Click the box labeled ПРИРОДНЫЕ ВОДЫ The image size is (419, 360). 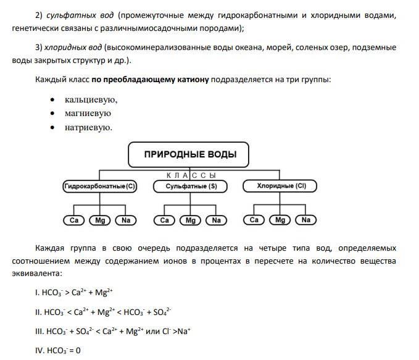click(x=188, y=154)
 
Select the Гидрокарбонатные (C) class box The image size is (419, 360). click(x=100, y=186)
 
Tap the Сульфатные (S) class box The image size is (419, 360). click(x=190, y=186)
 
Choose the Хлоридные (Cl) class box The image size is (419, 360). click(x=280, y=186)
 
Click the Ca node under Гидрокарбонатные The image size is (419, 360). click(x=74, y=220)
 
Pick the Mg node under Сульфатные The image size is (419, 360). click(x=190, y=220)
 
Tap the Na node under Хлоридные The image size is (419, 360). click(x=305, y=220)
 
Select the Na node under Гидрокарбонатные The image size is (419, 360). click(x=126, y=220)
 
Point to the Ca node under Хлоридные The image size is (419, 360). click(x=254, y=220)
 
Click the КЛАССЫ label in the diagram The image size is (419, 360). click(x=191, y=175)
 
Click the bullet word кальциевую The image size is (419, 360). click(x=90, y=100)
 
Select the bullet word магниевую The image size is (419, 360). click(x=88, y=114)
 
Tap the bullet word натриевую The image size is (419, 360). click(x=88, y=128)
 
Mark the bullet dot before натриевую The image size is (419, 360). click(x=52, y=128)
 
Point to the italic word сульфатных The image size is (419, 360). click(x=71, y=15)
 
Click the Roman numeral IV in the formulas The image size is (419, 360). click(x=39, y=350)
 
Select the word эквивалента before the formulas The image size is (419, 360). click(x=37, y=274)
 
